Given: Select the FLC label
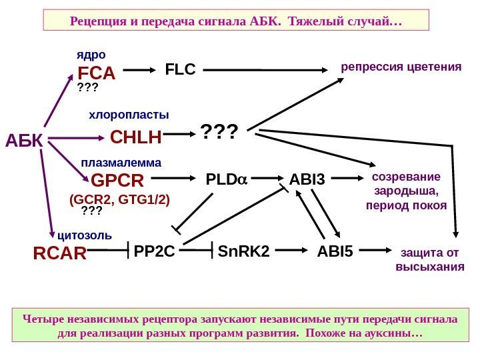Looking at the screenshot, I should click(x=180, y=69).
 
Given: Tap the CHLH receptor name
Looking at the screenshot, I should click(x=137, y=138).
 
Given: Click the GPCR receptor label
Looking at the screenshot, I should click(x=117, y=181).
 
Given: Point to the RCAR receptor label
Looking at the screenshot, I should click(x=60, y=253).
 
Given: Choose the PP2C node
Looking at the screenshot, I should click(x=155, y=251).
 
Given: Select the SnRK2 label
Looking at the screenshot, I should click(x=244, y=251).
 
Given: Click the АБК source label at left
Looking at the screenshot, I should click(x=24, y=140).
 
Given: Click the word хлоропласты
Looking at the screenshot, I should click(x=129, y=115).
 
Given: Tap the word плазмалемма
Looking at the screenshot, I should click(x=121, y=162).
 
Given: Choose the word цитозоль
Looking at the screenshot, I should click(x=85, y=235).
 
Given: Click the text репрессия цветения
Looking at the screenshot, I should click(x=401, y=67).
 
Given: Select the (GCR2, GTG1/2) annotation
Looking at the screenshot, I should click(x=120, y=199).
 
